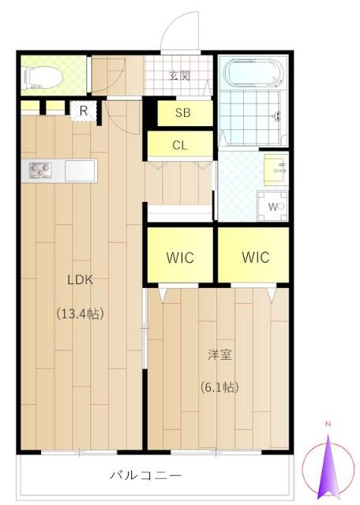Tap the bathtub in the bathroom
pyautogui.click(x=255, y=73)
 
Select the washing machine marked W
pyautogui.click(x=272, y=206)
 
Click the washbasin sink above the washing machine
pyautogui.click(x=276, y=170)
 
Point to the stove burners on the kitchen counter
pyautogui.click(x=40, y=170)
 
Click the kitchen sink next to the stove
pyautogui.click(x=81, y=170)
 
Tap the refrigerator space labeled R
pyautogui.click(x=84, y=111)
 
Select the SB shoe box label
pyautogui.click(x=182, y=113)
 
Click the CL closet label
pyautogui.click(x=180, y=145)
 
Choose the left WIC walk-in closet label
pyautogui.click(x=180, y=258)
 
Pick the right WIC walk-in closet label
pyautogui.click(x=256, y=257)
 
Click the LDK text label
pyautogui.click(x=81, y=280)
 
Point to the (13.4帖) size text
pyautogui.click(x=81, y=313)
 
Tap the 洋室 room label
pyautogui.click(x=219, y=354)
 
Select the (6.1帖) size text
pyautogui.click(x=219, y=387)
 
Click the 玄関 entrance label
pyautogui.click(x=180, y=76)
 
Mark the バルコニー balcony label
pyautogui.click(x=146, y=475)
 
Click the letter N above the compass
pyautogui.click(x=328, y=424)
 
